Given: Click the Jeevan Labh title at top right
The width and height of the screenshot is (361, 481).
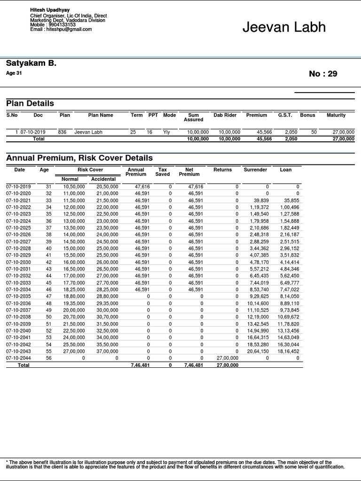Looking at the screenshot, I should point(284,27).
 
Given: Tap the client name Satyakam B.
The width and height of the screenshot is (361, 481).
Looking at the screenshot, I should point(31,63).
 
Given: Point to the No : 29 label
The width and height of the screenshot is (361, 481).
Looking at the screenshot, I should point(323,74).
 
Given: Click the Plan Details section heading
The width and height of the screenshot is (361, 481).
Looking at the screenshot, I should point(30,103).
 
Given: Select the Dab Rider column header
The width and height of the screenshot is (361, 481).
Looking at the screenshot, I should point(225,115).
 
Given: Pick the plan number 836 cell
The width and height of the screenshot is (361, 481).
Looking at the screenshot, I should point(62,132).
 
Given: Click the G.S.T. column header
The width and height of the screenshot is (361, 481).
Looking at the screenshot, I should point(285,115).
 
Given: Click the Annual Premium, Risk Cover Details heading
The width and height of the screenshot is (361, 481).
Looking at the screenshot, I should point(79,158).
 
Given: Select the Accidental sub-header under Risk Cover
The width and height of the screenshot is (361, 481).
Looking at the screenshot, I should point(103,179).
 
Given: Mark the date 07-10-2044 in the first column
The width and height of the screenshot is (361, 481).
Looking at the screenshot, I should point(18,358).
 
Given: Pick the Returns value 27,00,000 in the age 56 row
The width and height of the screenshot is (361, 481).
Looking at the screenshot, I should point(227,358).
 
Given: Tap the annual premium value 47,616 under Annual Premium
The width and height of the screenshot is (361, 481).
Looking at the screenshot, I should point(142,186).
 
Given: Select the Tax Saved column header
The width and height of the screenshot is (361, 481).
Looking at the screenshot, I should point(163,172).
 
